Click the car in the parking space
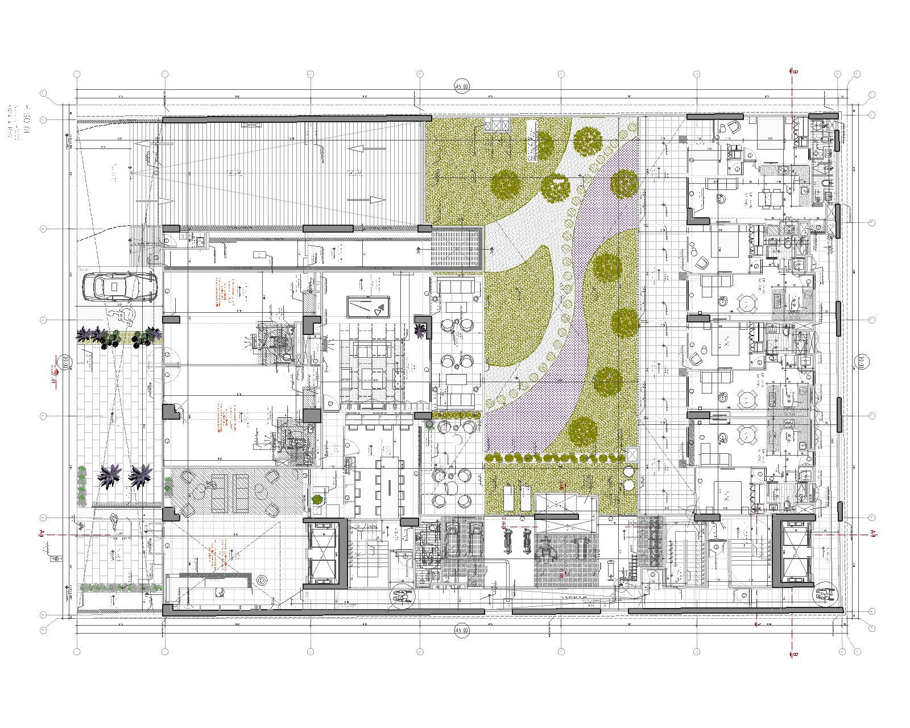(x=119, y=287)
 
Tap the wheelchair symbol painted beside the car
(x=121, y=315)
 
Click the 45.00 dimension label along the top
(x=461, y=87)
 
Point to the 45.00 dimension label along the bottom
(x=461, y=631)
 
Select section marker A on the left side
(x=42, y=532)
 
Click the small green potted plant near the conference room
(x=317, y=499)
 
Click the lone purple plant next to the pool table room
(x=421, y=328)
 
